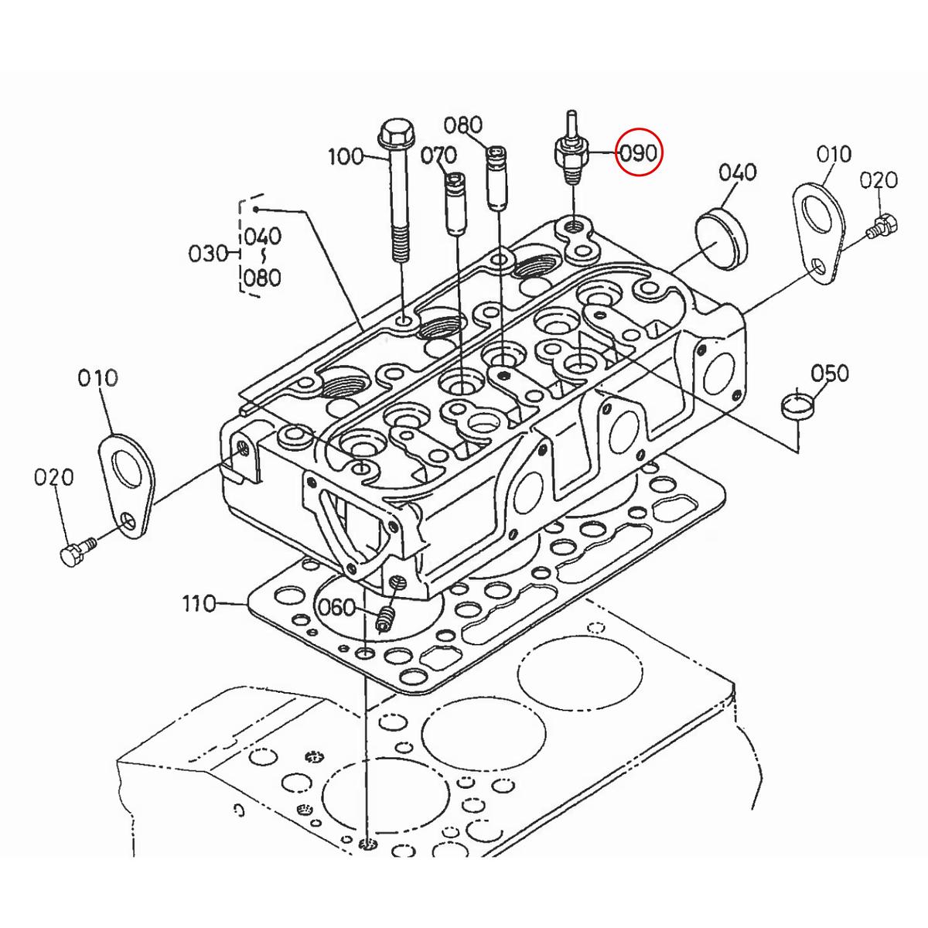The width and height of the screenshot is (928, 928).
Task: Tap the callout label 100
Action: tap(346, 156)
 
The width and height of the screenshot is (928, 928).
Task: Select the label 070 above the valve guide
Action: tap(438, 155)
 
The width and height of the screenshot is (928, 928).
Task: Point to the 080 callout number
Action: tap(462, 125)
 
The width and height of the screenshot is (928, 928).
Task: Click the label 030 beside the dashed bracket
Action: tap(207, 254)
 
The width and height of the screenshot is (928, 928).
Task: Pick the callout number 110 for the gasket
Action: tap(200, 603)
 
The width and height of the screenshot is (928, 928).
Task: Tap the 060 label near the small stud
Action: tap(336, 607)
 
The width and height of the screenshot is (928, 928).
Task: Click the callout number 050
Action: tap(829, 373)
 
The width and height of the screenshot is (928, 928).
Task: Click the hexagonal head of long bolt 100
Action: tap(397, 133)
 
